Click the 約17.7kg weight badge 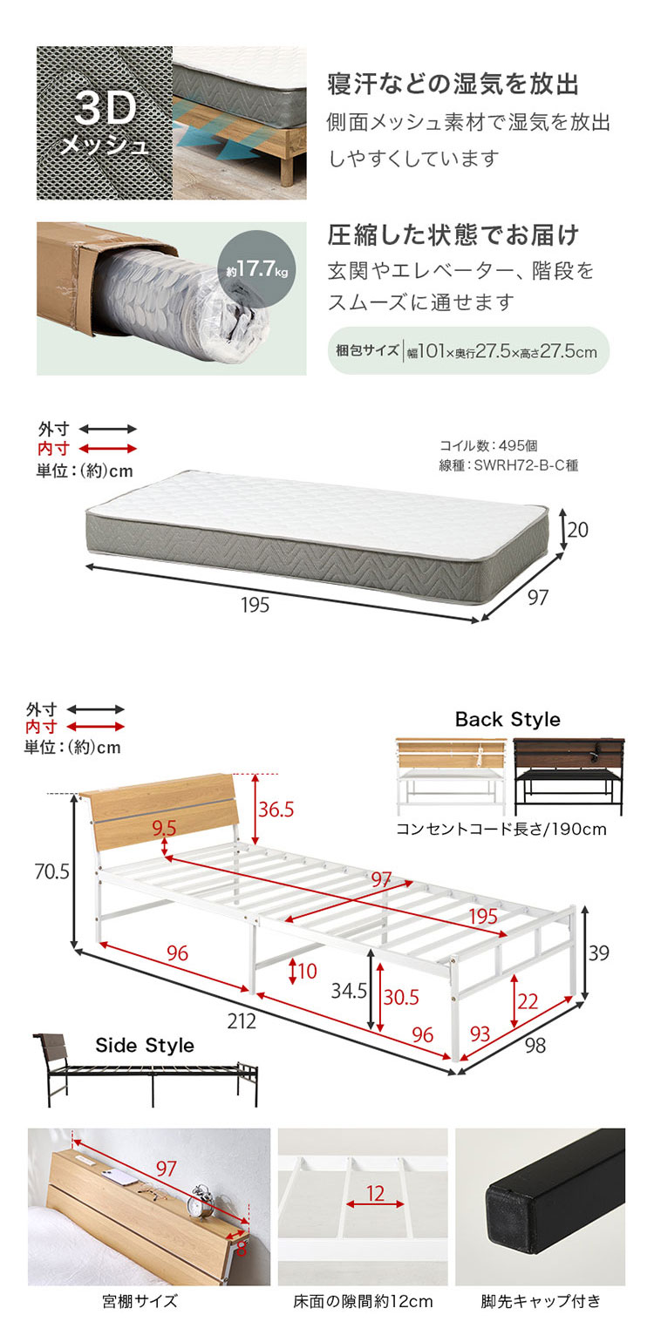[x=256, y=269]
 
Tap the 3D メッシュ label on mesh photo [x=106, y=124]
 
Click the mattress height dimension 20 [x=578, y=530]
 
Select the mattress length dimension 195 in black [x=255, y=605]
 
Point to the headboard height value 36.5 [x=276, y=810]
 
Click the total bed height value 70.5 [x=52, y=871]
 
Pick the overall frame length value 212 [x=242, y=1020]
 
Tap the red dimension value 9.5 [x=164, y=828]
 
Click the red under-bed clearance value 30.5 [x=401, y=997]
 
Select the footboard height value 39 [x=598, y=952]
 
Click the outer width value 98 [x=535, y=1046]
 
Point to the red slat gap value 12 [x=375, y=1193]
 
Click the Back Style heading [x=508, y=719]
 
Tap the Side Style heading [x=145, y=1045]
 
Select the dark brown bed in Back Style [x=569, y=776]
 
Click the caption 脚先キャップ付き [x=540, y=1301]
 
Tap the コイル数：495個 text [x=488, y=445]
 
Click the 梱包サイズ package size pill [x=468, y=350]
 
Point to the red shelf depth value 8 [x=241, y=1249]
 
